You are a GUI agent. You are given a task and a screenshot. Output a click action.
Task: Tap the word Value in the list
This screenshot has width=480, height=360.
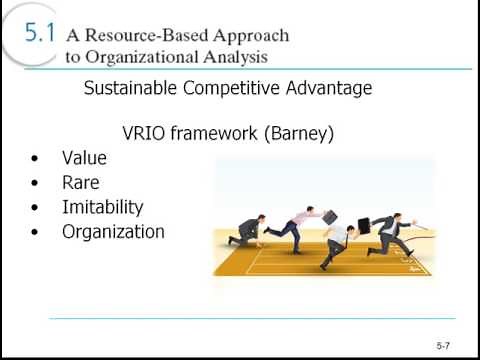pyautogui.click(x=84, y=158)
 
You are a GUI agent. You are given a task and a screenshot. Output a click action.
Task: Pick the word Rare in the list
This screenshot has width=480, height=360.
pyautogui.click(x=80, y=183)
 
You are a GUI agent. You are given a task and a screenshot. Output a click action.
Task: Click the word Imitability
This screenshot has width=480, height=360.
pyautogui.click(x=102, y=208)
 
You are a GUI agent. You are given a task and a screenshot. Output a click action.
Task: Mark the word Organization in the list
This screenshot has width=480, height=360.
pyautogui.click(x=113, y=232)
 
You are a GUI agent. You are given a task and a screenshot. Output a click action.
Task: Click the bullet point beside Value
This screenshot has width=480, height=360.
pyautogui.click(x=36, y=159)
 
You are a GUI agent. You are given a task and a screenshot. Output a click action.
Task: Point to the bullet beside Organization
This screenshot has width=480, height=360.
pyautogui.click(x=36, y=233)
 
